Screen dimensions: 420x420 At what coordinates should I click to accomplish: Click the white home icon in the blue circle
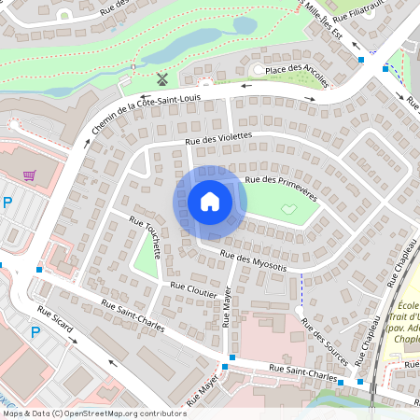(209, 201)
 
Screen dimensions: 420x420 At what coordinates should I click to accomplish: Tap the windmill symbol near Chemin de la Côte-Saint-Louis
(161, 78)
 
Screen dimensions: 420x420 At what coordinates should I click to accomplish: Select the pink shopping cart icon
(30, 175)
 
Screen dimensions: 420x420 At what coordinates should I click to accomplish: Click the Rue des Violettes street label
(219, 138)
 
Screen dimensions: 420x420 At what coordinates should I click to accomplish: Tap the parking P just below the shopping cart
(8, 203)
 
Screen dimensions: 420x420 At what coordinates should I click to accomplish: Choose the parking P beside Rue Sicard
(35, 331)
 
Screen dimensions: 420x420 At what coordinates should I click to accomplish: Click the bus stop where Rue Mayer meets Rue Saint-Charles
(231, 358)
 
